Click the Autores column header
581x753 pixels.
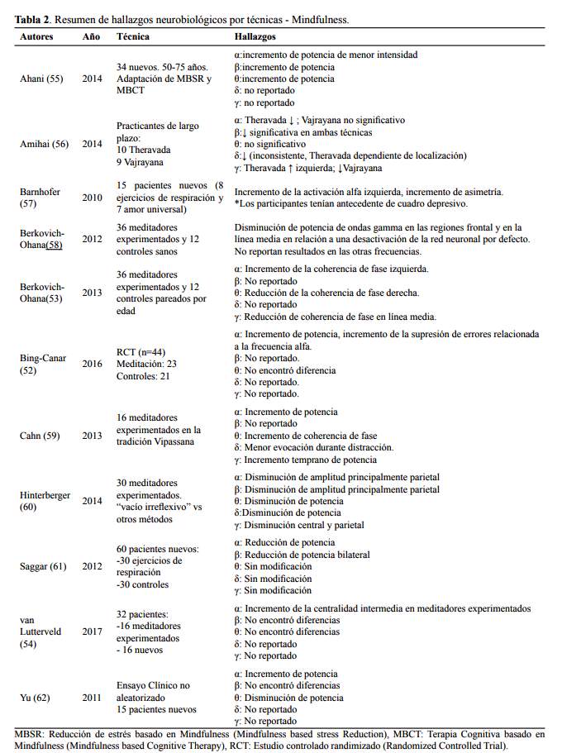pyautogui.click(x=37, y=37)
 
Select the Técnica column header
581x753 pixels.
pyautogui.click(x=133, y=37)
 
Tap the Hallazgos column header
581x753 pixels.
pyautogui.click(x=255, y=37)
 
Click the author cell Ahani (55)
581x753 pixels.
pyautogui.click(x=41, y=79)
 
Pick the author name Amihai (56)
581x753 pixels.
pyautogui.click(x=44, y=144)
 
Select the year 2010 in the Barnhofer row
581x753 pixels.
pyautogui.click(x=93, y=198)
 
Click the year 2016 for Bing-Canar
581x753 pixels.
pyautogui.click(x=93, y=364)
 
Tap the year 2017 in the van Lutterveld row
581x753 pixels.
pyautogui.click(x=93, y=632)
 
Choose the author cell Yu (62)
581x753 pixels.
pyautogui.click(x=36, y=698)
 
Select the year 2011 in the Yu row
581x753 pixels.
pyautogui.click(x=93, y=698)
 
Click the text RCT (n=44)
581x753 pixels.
pyautogui.click(x=144, y=352)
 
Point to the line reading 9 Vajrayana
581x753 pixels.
pyautogui.click(x=141, y=162)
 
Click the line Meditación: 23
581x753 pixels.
pyautogui.click(x=146, y=364)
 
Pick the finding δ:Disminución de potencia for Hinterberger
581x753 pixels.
pyautogui.click(x=288, y=512)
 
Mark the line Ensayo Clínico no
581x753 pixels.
pyautogui.click(x=153, y=685)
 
